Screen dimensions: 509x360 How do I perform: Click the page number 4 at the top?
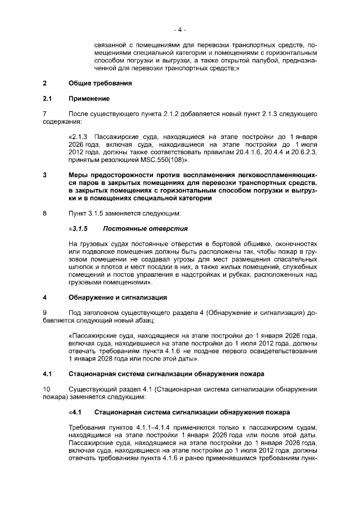click(179, 29)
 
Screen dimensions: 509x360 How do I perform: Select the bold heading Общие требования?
click(100, 84)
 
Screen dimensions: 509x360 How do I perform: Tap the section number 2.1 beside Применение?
click(47, 99)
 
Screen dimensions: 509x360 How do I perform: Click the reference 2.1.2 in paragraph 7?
click(161, 114)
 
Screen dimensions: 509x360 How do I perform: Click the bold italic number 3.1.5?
click(80, 229)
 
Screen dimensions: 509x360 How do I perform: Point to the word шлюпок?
click(79, 268)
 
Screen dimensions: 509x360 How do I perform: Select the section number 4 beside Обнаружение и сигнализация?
click(44, 298)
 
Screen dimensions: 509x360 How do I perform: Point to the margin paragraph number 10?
click(47, 389)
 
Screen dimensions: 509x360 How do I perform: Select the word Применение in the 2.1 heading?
click(89, 99)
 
